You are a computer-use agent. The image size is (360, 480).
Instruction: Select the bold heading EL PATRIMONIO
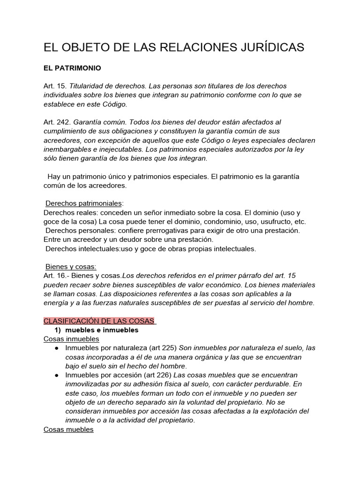72,68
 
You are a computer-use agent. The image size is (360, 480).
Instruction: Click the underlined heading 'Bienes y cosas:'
70,267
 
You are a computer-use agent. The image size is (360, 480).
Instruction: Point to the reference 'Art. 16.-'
57,276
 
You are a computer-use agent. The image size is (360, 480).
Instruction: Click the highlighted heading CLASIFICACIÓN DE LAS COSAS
99,321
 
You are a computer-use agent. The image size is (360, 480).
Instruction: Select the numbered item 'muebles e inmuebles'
102,330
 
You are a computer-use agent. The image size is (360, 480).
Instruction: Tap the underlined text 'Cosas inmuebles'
71,339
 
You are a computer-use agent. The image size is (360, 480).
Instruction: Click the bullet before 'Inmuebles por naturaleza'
56,348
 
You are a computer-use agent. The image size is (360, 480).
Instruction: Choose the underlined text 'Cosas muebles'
68,429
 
